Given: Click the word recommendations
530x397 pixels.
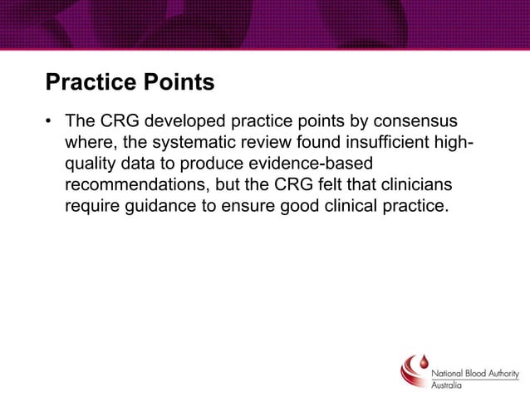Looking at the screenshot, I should tap(136, 184).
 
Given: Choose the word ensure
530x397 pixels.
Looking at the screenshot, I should tap(246, 205).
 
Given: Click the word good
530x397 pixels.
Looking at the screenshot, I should tap(300, 205).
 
